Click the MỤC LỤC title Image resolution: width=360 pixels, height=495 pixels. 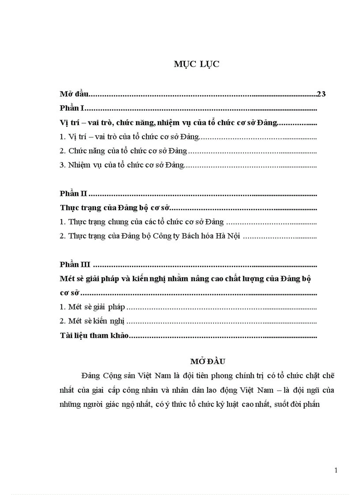point(196,64)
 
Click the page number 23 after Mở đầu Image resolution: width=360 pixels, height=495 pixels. point(321,93)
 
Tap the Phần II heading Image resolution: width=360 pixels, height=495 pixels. point(74,194)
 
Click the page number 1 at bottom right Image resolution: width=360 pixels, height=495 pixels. point(336,470)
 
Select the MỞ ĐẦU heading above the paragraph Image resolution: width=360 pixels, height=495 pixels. point(208,361)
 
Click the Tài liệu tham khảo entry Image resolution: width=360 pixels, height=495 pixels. point(94,336)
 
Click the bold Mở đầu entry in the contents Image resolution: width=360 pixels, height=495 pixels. point(74,94)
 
